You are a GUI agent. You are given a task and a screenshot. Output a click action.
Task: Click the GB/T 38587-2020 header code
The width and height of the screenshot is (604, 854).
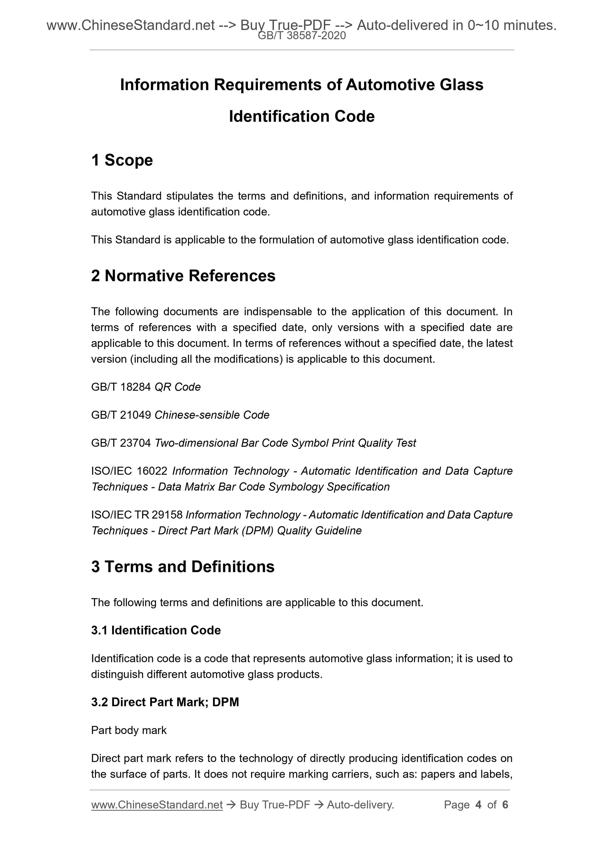pyautogui.click(x=302, y=36)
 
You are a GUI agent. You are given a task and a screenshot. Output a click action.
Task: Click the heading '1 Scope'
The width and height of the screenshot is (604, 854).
pyautogui.click(x=122, y=160)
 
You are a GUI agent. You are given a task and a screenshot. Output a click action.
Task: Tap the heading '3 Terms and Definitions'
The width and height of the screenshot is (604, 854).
pyautogui.click(x=183, y=567)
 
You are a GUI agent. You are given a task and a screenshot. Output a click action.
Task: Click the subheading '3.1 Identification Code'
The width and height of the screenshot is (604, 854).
pyautogui.click(x=156, y=630)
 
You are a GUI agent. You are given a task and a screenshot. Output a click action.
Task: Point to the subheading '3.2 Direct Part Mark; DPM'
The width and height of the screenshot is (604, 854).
pyautogui.click(x=165, y=702)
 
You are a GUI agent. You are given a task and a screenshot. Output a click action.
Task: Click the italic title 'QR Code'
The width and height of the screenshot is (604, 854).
pyautogui.click(x=178, y=387)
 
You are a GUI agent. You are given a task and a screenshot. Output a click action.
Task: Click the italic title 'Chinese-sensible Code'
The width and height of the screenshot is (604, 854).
pyautogui.click(x=212, y=415)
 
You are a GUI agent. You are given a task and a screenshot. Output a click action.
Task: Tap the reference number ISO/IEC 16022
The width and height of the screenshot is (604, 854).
pyautogui.click(x=129, y=471)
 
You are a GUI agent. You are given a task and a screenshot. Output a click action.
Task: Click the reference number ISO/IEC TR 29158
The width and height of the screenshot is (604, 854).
pyautogui.click(x=137, y=515)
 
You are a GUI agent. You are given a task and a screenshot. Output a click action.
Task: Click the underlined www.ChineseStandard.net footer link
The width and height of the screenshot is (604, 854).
pyautogui.click(x=157, y=805)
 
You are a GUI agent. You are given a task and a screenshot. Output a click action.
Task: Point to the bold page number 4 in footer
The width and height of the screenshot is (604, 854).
pyautogui.click(x=478, y=805)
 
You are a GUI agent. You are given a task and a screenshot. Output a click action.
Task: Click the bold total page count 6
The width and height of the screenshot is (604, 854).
pyautogui.click(x=505, y=805)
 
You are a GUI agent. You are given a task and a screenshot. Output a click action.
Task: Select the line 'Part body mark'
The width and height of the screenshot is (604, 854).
pyautogui.click(x=129, y=731)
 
